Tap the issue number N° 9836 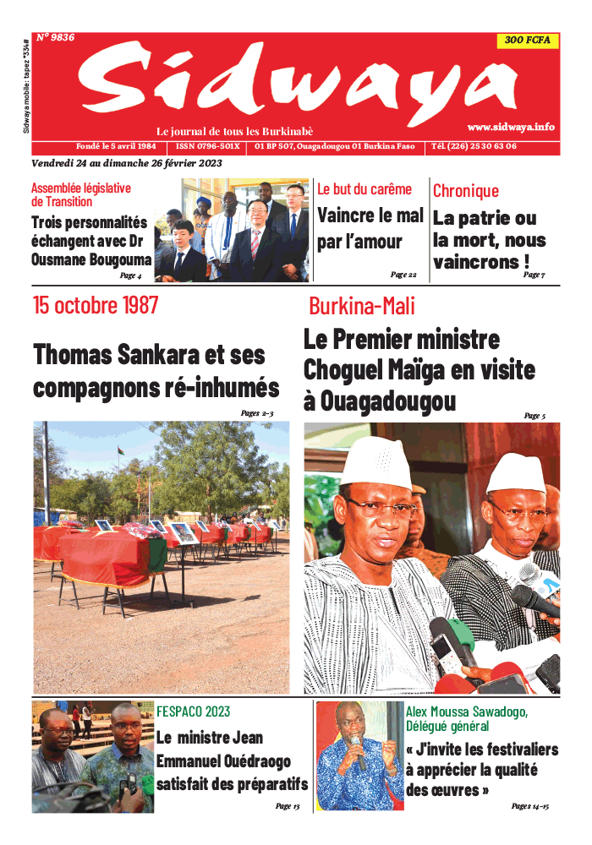coord(56,37)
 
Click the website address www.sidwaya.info coord(510,127)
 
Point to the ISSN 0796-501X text coord(208,146)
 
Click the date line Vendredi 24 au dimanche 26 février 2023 coord(127,162)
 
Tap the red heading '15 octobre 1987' coord(96,305)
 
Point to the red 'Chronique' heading coord(466,191)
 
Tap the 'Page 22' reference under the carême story coord(403,275)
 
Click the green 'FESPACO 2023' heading coord(194,711)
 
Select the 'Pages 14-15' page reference coord(530,806)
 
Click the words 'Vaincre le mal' coord(370,215)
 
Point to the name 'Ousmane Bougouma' coord(91,259)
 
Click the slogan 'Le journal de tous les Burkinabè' coord(235,131)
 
